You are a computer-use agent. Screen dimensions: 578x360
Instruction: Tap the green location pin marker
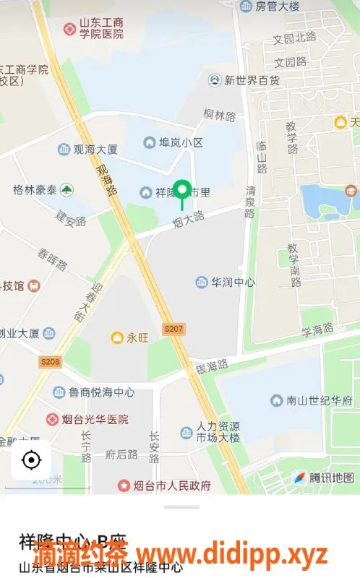click(183, 191)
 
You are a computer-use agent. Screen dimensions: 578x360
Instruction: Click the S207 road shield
click(173, 329)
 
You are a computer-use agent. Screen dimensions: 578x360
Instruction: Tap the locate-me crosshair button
click(30, 460)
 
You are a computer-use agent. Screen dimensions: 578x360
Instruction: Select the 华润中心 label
click(232, 282)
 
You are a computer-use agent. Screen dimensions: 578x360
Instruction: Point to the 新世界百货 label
click(251, 80)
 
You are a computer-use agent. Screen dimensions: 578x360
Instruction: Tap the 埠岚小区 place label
click(181, 142)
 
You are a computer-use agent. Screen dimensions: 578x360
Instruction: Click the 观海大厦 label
click(95, 150)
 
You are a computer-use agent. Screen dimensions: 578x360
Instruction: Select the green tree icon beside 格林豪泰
click(67, 190)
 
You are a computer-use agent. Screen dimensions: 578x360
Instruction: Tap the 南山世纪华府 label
click(318, 400)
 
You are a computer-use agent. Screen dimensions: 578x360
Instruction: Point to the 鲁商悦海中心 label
click(102, 392)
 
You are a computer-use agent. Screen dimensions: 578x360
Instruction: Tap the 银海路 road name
click(212, 366)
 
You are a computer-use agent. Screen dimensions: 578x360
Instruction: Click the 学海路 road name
click(317, 330)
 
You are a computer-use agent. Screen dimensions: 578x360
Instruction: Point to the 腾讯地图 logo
click(323, 478)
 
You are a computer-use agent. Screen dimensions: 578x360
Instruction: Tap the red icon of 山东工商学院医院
click(69, 29)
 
